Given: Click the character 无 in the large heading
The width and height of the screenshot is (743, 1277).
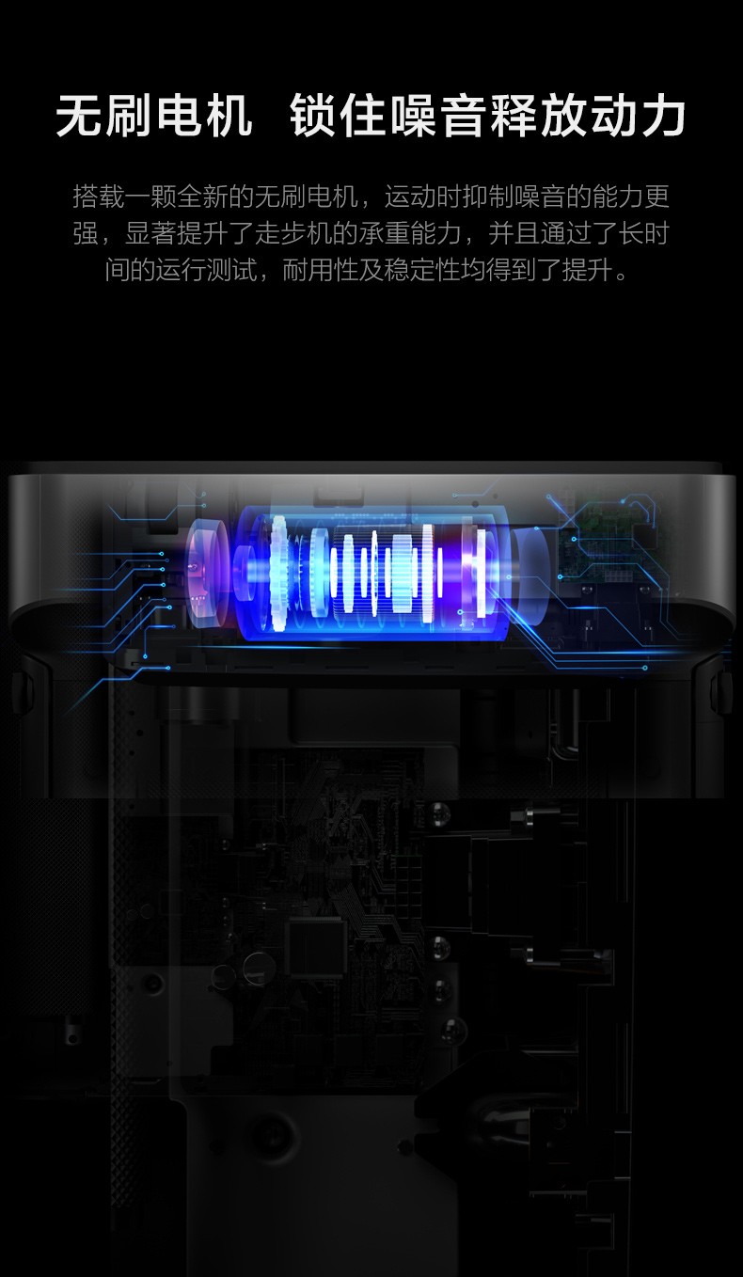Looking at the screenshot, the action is pos(79,117).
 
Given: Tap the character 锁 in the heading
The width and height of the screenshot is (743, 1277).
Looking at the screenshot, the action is pos(312,117).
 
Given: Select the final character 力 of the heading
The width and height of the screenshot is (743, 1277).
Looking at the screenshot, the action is pos(663,117).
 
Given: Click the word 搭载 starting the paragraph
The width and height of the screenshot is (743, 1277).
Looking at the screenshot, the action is pos(99,197).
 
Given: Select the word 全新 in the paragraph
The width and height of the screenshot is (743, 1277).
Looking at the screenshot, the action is pos(202,197).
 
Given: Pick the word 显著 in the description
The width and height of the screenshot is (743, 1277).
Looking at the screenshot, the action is pos(150,233).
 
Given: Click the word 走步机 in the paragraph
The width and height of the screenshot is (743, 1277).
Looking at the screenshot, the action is pos(293,233).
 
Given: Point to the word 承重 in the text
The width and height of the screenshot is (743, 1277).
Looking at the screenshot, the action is pos(385,233).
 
